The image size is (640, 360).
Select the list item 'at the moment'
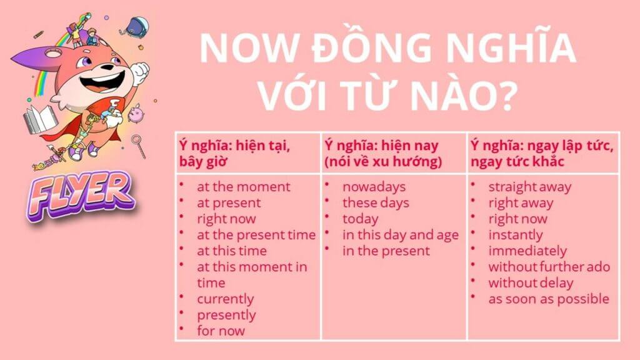tap(243, 187)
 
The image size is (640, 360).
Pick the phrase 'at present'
tap(229, 203)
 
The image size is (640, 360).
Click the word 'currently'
tap(225, 299)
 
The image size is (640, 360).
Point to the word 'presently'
tap(226, 315)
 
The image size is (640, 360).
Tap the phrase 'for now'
tap(221, 331)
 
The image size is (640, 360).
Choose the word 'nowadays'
tap(374, 187)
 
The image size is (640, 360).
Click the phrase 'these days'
tap(376, 203)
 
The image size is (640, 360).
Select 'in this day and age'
tap(401, 235)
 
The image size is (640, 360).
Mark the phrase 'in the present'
tap(386, 251)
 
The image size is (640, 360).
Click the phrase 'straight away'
tap(530, 187)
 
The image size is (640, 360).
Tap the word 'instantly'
tap(516, 235)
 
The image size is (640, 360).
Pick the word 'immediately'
tap(527, 251)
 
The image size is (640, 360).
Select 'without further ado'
tap(549, 267)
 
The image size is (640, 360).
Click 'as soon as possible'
tap(549, 299)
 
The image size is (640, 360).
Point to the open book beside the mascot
tap(39, 119)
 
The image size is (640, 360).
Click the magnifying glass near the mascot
tap(139, 146)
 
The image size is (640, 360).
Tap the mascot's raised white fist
tap(139, 74)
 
